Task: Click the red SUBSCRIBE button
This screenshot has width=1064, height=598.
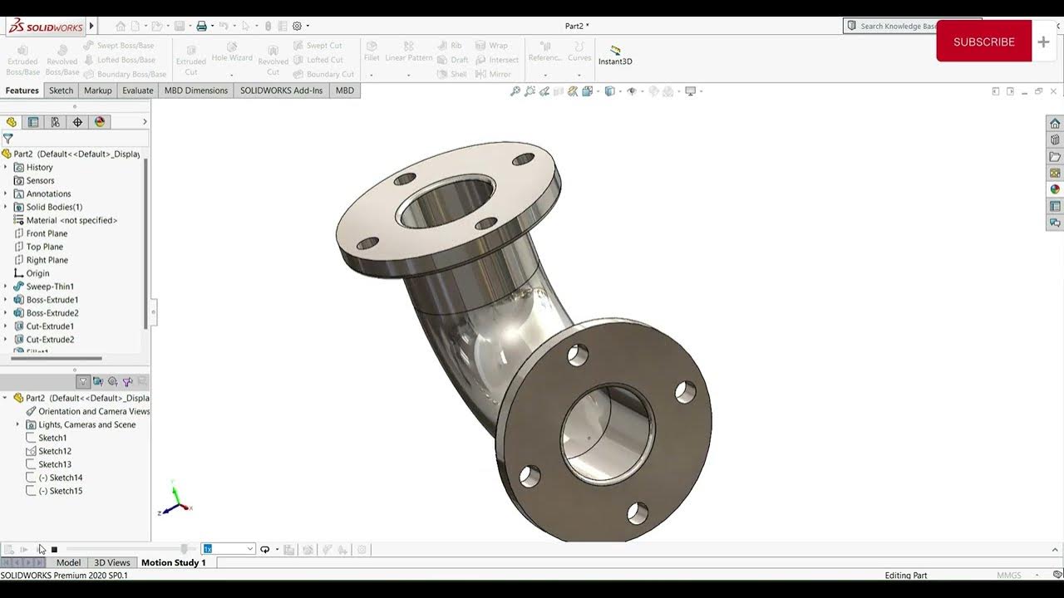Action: (983, 42)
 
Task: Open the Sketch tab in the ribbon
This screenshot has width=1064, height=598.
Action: (61, 91)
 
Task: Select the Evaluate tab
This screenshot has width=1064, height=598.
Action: (137, 91)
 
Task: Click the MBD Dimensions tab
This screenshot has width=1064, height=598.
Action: (195, 91)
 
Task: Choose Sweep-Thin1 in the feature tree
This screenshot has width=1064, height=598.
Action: (50, 287)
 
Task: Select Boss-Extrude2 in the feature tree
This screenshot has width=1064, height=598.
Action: (52, 313)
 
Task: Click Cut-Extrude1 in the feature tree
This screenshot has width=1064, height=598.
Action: (50, 326)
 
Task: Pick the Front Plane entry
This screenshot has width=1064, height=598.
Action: (47, 233)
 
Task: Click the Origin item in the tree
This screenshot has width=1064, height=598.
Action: (37, 273)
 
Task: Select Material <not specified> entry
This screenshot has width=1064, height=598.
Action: (71, 220)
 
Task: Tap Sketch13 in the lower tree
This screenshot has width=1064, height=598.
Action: (54, 464)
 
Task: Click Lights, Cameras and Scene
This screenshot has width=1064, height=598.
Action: (86, 424)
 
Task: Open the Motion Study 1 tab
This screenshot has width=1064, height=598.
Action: (173, 562)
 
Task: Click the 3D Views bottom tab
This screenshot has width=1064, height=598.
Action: (112, 562)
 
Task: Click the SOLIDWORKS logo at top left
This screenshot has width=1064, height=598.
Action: (46, 27)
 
